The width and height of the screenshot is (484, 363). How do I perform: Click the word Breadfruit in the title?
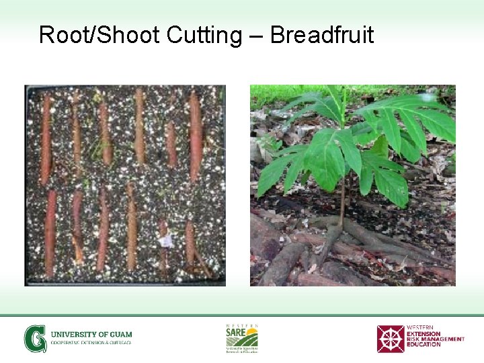coord(321,34)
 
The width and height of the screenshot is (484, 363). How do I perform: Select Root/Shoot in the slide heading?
coord(98,34)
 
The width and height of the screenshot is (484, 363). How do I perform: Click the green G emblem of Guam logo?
coord(36,338)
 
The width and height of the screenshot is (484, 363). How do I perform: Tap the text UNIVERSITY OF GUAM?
coord(91,334)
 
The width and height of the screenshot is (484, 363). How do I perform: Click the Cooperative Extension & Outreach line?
coord(91,343)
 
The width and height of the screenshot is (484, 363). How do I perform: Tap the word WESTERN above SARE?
coord(241,325)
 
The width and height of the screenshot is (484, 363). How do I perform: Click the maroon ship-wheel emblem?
coord(390,338)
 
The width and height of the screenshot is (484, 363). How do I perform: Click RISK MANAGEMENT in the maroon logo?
coord(435,339)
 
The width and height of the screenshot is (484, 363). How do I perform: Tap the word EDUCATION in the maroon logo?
coord(424,344)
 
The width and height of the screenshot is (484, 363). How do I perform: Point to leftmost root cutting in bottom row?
coord(51,232)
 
